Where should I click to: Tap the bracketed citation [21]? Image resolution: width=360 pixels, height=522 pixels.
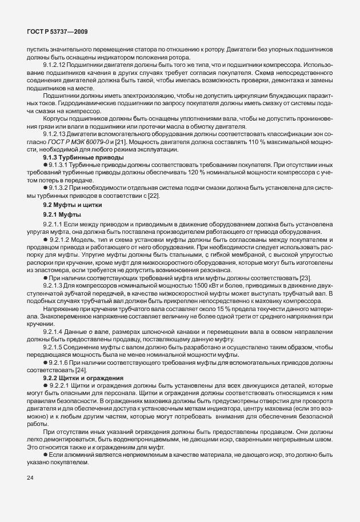117,142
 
